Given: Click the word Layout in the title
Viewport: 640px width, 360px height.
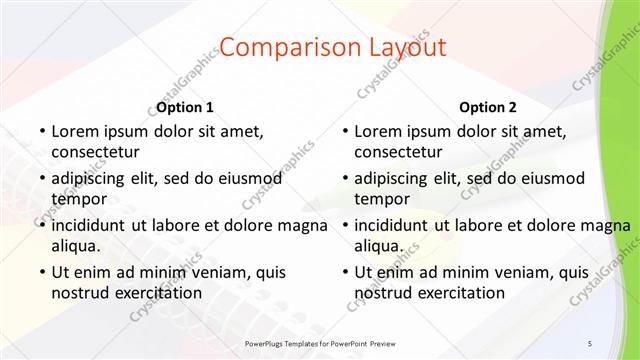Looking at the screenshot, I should coord(404,47).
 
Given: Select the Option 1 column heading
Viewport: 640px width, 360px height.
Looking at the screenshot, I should coord(185,107).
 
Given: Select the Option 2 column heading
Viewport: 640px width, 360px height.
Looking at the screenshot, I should coord(488,107).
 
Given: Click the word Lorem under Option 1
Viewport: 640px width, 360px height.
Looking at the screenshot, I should coord(74,131).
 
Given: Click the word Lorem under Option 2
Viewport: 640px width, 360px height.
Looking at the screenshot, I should coord(378,131).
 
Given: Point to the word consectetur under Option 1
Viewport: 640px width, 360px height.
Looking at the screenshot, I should coord(94,152).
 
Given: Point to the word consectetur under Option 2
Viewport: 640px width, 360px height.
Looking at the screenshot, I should coord(398,152).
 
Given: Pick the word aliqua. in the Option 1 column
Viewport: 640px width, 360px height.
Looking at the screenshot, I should coord(75,245).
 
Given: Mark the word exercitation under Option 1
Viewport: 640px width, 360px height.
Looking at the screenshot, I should coord(154,292).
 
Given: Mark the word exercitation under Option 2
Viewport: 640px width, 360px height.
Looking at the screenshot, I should coord(458,292).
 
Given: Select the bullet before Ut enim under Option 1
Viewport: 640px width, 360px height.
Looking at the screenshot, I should coord(41,272).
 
